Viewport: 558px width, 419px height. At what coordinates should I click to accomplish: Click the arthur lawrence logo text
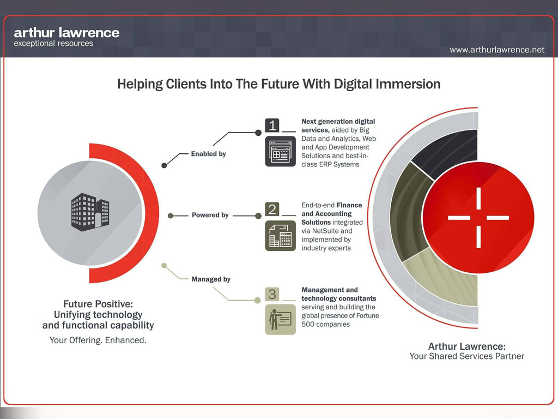point(66,33)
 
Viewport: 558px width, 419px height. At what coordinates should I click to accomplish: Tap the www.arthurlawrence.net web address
point(497,50)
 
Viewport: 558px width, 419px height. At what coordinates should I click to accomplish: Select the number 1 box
point(272,125)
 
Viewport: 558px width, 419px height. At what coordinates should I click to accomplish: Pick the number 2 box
point(272,209)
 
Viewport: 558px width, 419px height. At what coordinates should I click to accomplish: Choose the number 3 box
point(272,294)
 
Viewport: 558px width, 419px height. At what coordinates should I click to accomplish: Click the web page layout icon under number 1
point(281,152)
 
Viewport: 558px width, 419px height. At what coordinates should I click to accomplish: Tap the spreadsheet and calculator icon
point(281,236)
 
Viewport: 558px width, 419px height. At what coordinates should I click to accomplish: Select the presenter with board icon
point(281,320)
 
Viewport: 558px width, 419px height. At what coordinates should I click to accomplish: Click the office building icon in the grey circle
point(90,212)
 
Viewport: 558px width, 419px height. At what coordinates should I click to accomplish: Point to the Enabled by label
point(209,154)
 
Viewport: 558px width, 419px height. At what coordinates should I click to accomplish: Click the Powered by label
point(210,215)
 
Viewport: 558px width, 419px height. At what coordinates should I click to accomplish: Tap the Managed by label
point(211,279)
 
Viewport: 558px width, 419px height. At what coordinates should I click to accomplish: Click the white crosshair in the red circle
point(478,217)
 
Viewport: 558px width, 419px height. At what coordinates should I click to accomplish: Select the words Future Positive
point(98,304)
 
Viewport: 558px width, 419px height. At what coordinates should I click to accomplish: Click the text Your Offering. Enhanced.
point(98,340)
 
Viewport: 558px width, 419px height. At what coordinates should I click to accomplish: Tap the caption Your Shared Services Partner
point(466,356)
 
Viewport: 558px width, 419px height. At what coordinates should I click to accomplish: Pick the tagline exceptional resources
point(53,44)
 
